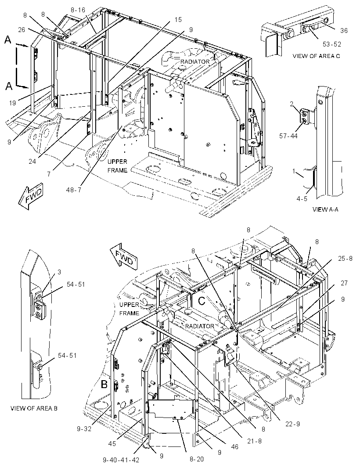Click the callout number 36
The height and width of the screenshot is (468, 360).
coord(344,30)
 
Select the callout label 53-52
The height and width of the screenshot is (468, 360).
coord(331,44)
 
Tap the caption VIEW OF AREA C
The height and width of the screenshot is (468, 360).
coord(316,56)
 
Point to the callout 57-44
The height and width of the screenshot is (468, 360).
coord(288,137)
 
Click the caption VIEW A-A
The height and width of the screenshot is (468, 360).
coord(325,209)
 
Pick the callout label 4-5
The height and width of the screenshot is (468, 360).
coord(302,198)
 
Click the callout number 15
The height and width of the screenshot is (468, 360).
coord(178,20)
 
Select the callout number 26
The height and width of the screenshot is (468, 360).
coord(22,29)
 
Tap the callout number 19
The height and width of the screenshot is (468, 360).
coord(12,103)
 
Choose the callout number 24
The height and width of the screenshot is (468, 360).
coord(32,162)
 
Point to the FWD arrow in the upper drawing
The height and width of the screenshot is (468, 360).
coord(31,197)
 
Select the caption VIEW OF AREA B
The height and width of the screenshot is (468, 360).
coord(34,408)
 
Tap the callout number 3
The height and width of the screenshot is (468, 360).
coord(59,272)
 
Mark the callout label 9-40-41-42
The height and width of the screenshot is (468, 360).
coord(121,460)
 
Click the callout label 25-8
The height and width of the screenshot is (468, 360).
coord(346,258)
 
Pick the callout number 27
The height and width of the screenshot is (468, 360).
coord(344,283)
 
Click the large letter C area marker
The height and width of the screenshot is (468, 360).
coord(202,301)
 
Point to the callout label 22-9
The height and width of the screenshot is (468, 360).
coord(292,424)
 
